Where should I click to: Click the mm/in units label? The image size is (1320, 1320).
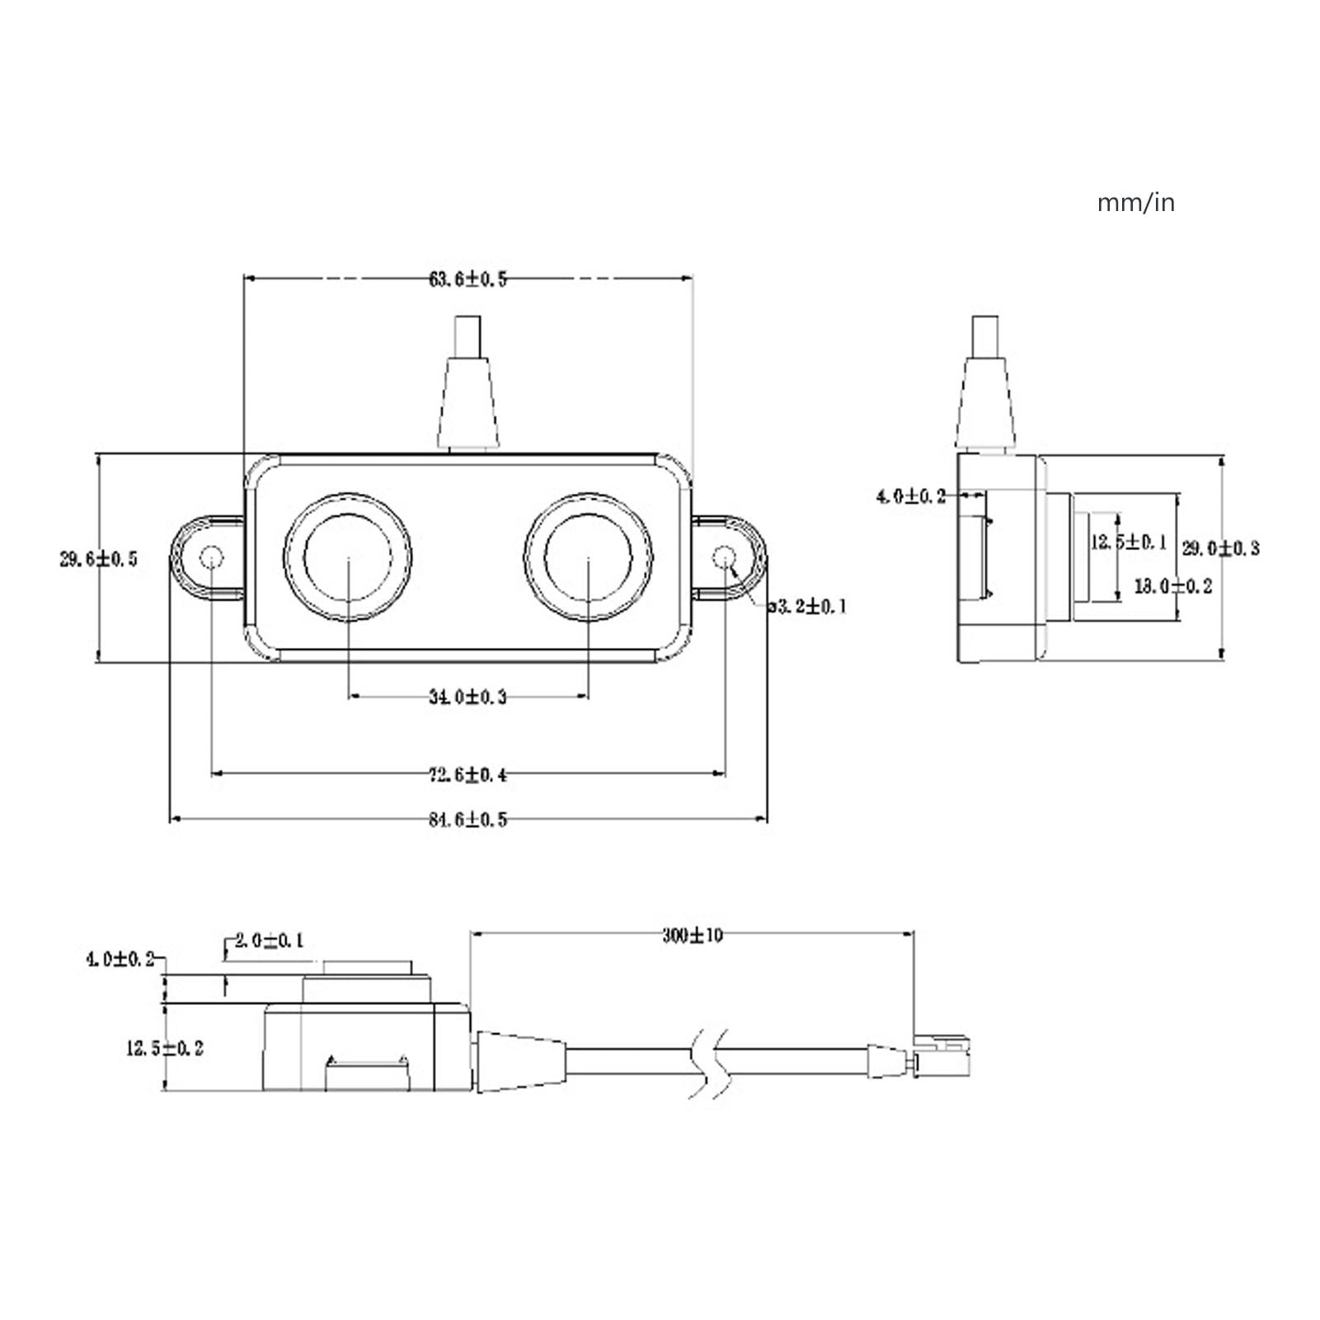[x=1135, y=203]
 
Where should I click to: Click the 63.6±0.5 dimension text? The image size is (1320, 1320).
[x=467, y=279]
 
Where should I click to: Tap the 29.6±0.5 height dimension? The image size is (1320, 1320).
[x=98, y=559]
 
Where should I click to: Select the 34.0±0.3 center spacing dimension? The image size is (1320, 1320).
[x=467, y=698]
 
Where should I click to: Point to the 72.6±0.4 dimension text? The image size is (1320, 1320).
[x=467, y=774]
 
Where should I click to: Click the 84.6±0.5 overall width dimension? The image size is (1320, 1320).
[x=467, y=820]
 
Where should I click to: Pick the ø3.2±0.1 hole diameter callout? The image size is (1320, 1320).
[x=807, y=607]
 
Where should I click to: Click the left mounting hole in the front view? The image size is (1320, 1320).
[x=212, y=558]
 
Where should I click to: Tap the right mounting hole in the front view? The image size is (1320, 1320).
[x=725, y=558]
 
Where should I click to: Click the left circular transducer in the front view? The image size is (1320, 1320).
[x=348, y=557]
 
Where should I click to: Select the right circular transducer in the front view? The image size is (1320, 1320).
[x=588, y=557]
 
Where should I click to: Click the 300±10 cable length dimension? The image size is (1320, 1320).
[x=693, y=936]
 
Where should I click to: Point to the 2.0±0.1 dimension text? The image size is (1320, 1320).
[x=270, y=940]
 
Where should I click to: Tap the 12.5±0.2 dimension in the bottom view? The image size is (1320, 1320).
[x=164, y=1049]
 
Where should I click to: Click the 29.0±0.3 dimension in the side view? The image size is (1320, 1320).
[x=1220, y=548]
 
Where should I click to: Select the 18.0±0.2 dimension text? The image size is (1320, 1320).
[x=1172, y=586]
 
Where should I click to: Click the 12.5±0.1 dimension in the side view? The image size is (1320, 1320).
[x=1128, y=542]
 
